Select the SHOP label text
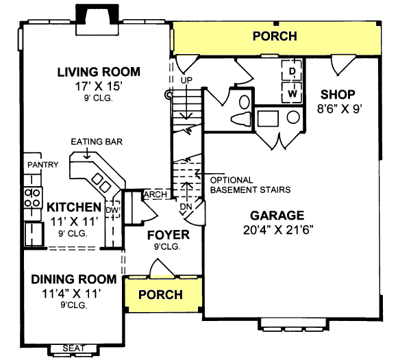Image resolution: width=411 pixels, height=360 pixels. coord(337,94)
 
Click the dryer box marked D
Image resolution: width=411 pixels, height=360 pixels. coord(292,71)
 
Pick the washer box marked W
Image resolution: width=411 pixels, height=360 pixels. coord(292,92)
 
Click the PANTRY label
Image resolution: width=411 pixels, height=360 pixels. coord(40,165)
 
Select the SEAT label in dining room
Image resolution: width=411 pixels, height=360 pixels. coord(74,348)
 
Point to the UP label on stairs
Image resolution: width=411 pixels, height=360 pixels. coord(185,81)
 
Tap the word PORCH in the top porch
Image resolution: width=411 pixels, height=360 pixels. coord(275,36)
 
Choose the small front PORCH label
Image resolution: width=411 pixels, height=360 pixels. coord(161,294)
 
